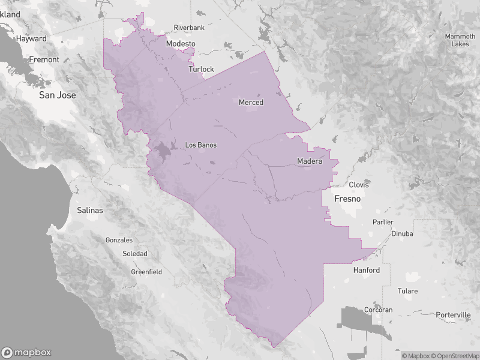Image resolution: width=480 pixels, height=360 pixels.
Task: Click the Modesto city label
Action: click(x=181, y=44)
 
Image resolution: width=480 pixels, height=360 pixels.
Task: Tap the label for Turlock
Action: click(x=201, y=70)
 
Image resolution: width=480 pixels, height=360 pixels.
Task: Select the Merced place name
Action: click(x=251, y=103)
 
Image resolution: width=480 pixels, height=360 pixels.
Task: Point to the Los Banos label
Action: click(x=201, y=145)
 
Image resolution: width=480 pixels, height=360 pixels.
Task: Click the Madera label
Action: click(x=310, y=161)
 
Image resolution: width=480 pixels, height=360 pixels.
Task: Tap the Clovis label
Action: click(x=359, y=185)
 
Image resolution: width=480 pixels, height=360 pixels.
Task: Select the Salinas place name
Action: click(x=90, y=211)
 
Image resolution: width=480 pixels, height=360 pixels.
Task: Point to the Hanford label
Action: click(x=366, y=271)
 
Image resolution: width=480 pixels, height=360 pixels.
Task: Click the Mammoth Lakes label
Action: click(x=460, y=40)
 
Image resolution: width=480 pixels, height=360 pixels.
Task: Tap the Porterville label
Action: click(x=454, y=315)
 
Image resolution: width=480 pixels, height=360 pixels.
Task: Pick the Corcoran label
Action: click(x=378, y=310)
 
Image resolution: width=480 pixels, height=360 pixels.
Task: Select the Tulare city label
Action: click(x=407, y=291)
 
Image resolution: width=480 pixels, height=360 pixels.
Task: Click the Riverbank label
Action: click(x=190, y=28)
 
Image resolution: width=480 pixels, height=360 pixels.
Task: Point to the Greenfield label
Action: click(x=146, y=272)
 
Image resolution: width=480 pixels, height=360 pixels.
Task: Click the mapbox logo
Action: click(x=26, y=353)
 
